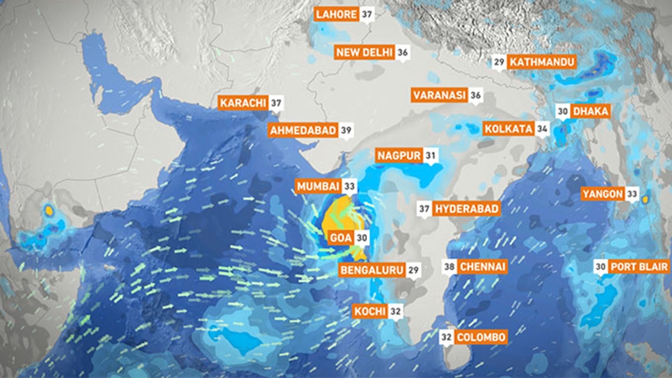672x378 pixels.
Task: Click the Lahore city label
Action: pos(336,14)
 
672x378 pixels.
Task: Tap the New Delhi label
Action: pos(365,52)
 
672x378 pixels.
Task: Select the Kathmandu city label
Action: pos(542,62)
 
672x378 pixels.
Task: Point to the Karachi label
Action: pos(243,104)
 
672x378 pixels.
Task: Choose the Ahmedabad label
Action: pos(302,130)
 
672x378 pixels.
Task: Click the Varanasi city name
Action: pos(439,96)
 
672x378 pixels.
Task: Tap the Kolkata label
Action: pos(508,128)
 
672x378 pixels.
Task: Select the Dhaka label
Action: pos(591,111)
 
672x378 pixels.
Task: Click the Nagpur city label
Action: pos(398,156)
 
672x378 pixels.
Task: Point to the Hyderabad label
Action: pos(467,209)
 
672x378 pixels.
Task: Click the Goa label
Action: pos(339,237)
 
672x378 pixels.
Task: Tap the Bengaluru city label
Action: pos(372,270)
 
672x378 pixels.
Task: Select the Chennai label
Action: pos(482,267)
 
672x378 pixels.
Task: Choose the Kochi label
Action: pos(370,311)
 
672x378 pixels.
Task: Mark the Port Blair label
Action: pos(635,267)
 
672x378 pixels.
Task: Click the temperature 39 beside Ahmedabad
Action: pos(346,130)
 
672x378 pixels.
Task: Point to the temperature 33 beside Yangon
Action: pos(632,194)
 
